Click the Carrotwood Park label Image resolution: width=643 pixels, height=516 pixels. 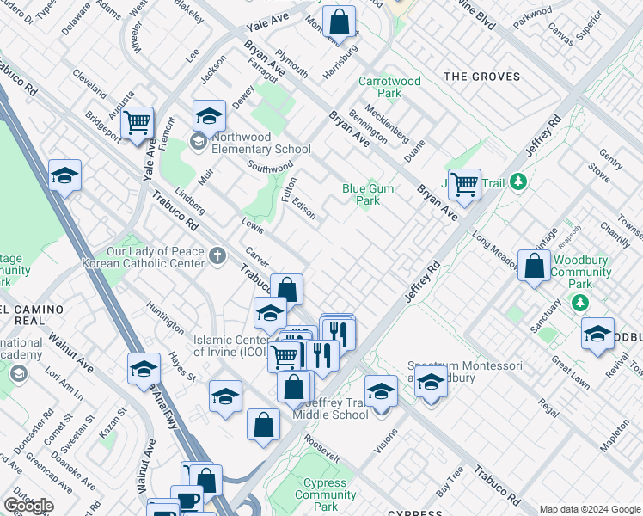click(389, 87)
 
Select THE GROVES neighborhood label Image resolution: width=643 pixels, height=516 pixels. click(481, 77)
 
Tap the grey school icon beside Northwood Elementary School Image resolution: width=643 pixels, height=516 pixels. click(198, 143)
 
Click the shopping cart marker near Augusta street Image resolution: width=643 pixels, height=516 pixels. click(137, 122)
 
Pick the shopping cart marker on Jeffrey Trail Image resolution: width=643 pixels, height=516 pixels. click(464, 182)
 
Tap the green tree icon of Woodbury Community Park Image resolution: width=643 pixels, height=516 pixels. click(580, 303)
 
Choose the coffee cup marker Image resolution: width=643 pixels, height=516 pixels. click(187, 501)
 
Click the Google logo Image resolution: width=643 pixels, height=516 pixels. click(28, 506)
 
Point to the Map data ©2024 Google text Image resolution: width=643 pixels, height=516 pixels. click(590, 508)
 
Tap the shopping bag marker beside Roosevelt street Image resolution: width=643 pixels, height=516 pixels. click(264, 424)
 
